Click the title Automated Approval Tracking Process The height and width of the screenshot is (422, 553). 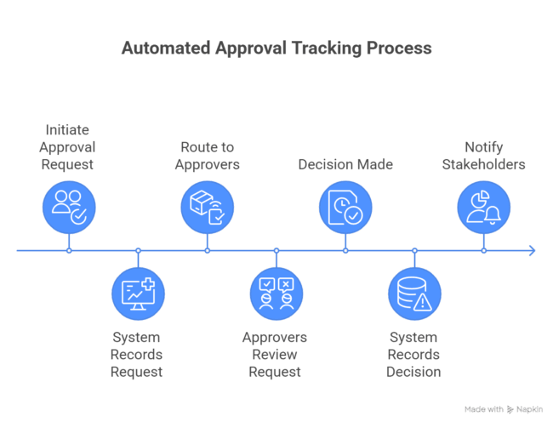pyautogui.click(x=276, y=48)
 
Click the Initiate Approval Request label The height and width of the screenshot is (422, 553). pyautogui.click(x=69, y=146)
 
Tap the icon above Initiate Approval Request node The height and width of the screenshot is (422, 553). pyautogui.click(x=69, y=207)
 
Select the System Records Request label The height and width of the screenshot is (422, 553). pyautogui.click(x=137, y=354)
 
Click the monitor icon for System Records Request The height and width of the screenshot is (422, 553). pyautogui.click(x=138, y=294)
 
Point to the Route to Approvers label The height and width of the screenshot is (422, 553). pyautogui.click(x=207, y=155)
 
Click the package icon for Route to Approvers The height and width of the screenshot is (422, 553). pyautogui.click(x=207, y=207)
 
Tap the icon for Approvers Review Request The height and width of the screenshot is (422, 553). pyautogui.click(x=276, y=294)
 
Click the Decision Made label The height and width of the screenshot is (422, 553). pyautogui.click(x=345, y=164)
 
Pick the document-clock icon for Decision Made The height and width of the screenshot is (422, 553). pyautogui.click(x=345, y=207)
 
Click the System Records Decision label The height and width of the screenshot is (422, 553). pyautogui.click(x=414, y=354)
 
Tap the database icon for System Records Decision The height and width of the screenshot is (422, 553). pyautogui.click(x=414, y=294)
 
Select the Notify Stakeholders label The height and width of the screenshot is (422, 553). pyautogui.click(x=483, y=155)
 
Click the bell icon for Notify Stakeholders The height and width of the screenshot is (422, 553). pyautogui.click(x=484, y=207)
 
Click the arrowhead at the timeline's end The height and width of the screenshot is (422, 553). pyautogui.click(x=532, y=250)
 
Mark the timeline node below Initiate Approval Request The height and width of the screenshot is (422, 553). pyautogui.click(x=69, y=250)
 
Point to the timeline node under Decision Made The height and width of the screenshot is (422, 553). pyautogui.click(x=345, y=250)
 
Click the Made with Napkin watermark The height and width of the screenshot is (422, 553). pyautogui.click(x=504, y=409)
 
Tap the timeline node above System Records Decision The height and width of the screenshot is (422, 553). pyautogui.click(x=414, y=250)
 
